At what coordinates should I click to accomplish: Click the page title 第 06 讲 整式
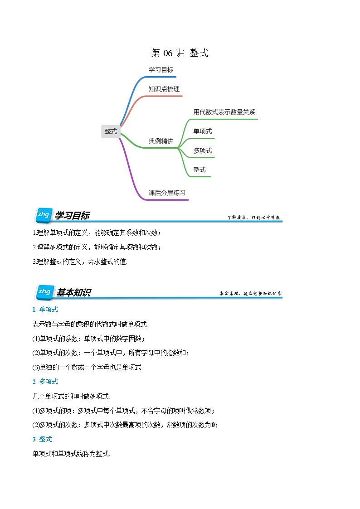coord(180,53)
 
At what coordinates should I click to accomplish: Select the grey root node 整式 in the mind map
coord(111,131)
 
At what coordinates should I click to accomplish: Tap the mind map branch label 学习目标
coord(161,70)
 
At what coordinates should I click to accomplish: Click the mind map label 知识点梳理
coord(164,89)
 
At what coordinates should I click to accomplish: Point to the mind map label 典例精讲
coord(161,141)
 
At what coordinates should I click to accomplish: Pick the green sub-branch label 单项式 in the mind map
coord(202,131)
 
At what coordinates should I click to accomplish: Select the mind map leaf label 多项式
coord(202,150)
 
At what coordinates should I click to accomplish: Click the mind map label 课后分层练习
coord(167,193)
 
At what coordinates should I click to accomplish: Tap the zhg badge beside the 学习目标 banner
coord(44,215)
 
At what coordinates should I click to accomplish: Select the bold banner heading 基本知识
coord(73,293)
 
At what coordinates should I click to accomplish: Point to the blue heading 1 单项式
coord(45,310)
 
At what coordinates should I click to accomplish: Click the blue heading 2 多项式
coord(45,382)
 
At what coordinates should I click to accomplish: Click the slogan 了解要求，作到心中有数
coord(254,218)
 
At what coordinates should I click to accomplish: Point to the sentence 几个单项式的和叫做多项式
coord(71,396)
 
